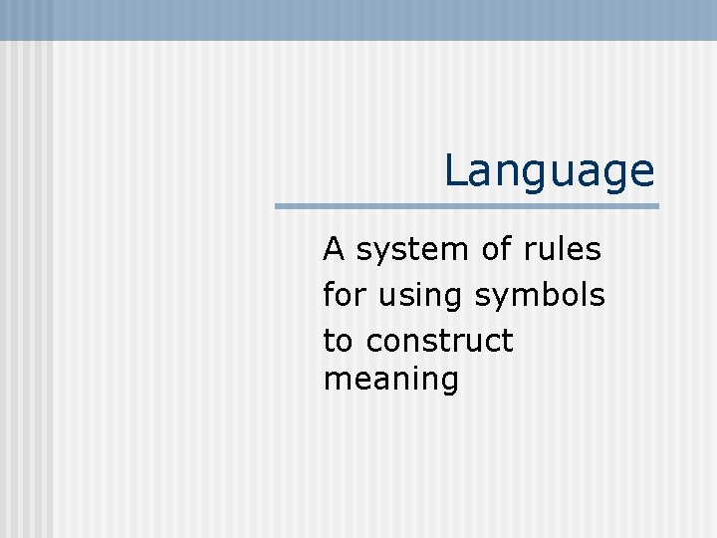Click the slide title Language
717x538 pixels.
click(x=549, y=171)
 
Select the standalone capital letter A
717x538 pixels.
click(x=334, y=249)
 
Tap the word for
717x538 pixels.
click(x=343, y=295)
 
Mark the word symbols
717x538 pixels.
click(x=540, y=296)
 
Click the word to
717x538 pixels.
click(x=337, y=342)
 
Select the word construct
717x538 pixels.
click(x=439, y=342)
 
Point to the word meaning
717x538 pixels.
click(x=391, y=381)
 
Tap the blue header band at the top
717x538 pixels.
click(x=358, y=19)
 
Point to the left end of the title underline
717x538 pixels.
click(x=278, y=206)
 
